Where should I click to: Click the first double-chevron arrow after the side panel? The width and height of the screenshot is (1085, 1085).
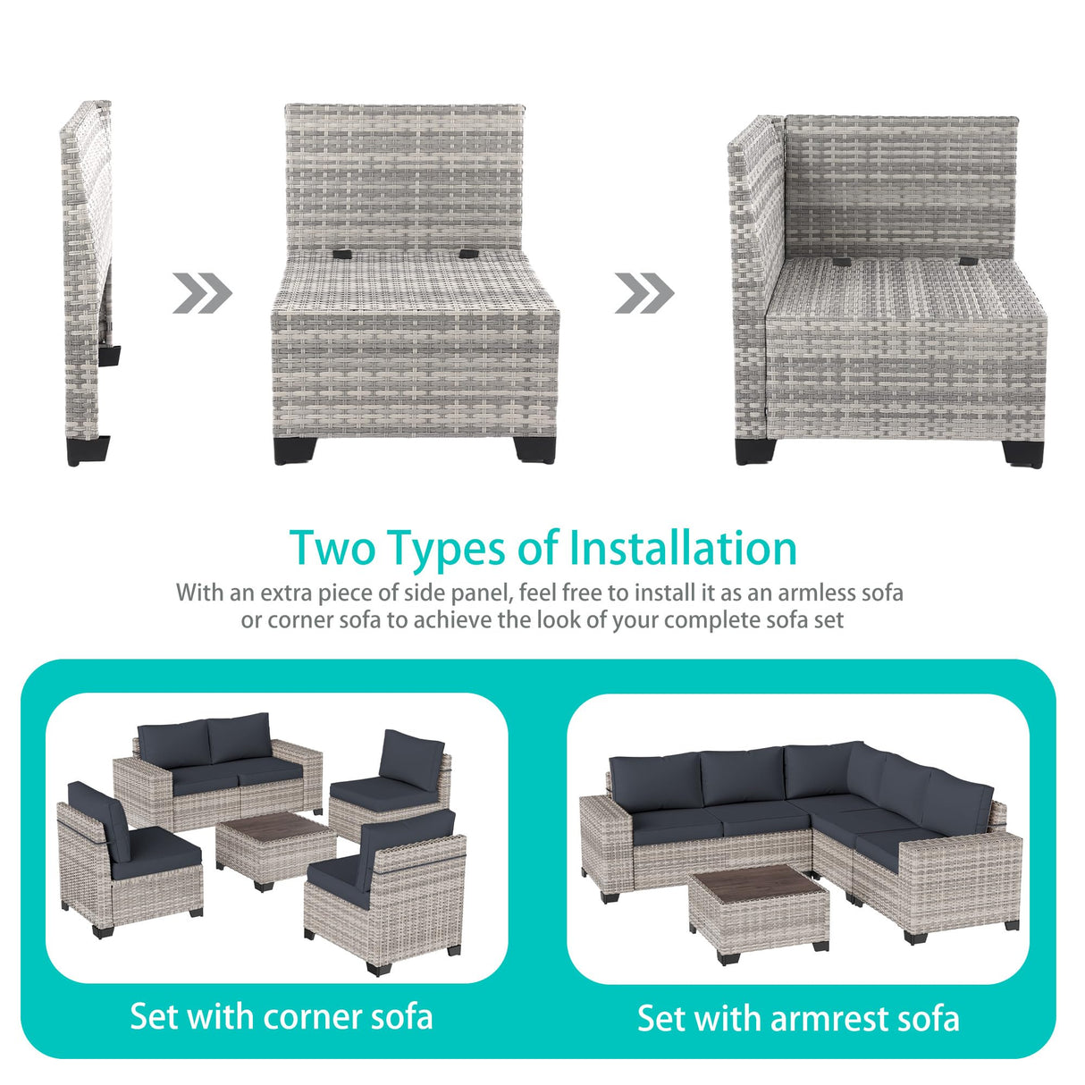tap(202, 293)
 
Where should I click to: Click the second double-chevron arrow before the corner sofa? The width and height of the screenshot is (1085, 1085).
tap(644, 293)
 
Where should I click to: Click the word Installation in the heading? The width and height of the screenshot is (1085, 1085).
tap(683, 548)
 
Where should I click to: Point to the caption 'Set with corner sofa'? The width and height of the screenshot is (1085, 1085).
tap(282, 1016)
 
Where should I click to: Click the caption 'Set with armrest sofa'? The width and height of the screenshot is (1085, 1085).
tap(798, 1018)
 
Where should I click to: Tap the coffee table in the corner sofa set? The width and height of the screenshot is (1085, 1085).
tap(275, 849)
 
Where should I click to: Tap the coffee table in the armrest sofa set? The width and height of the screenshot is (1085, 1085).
tap(759, 912)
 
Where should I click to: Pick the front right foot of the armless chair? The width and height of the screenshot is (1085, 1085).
tap(534, 449)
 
